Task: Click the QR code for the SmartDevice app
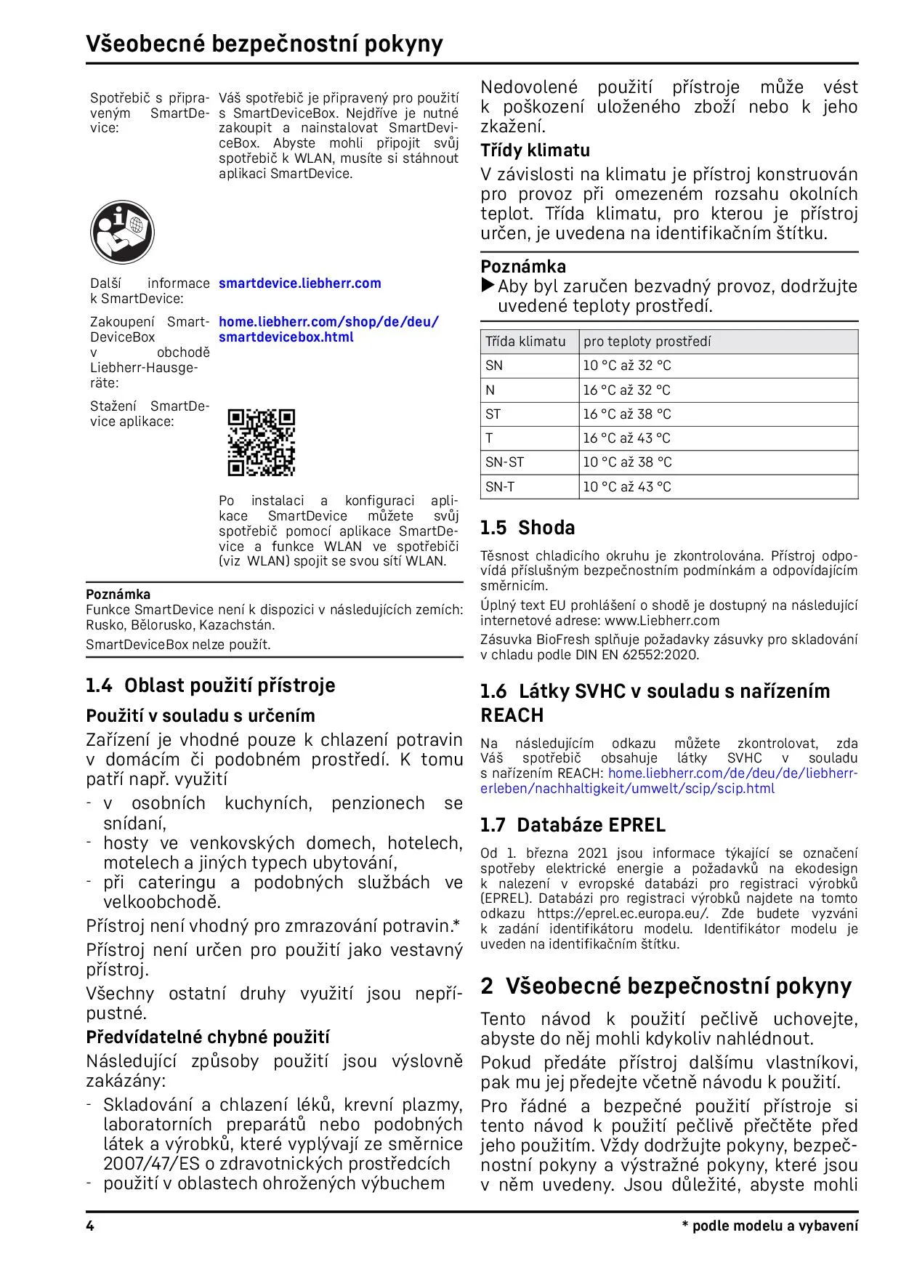tap(262, 443)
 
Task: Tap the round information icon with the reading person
tap(122, 233)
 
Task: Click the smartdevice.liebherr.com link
tap(299, 283)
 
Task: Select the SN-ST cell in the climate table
tap(504, 462)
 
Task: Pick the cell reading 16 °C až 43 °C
tap(626, 438)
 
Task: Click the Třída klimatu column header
tap(525, 342)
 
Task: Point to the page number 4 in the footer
tap(90, 1226)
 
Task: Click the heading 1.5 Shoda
tap(528, 528)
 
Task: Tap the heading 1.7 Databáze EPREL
tap(573, 825)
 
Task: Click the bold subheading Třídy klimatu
tap(536, 150)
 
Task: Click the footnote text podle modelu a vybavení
tap(775, 1226)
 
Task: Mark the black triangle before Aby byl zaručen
tap(488, 286)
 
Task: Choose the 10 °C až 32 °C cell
tap(626, 366)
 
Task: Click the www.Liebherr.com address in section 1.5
tap(662, 621)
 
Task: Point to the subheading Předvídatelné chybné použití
tap(208, 1037)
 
